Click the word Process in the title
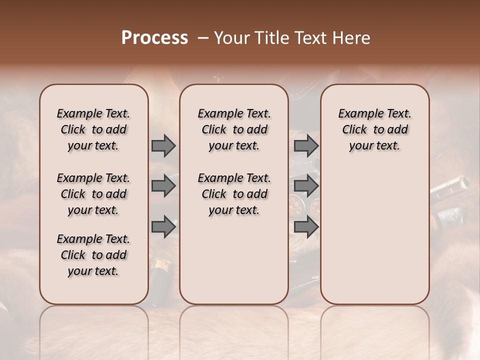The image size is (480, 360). pyautogui.click(x=154, y=38)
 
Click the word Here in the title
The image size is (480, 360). pyautogui.click(x=351, y=38)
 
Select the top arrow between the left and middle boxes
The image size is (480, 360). pyautogui.click(x=163, y=146)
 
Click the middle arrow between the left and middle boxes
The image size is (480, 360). pyautogui.click(x=163, y=186)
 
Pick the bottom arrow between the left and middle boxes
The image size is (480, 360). pyautogui.click(x=163, y=227)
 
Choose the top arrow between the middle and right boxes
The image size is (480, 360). pyautogui.click(x=306, y=146)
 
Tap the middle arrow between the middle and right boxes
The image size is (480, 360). pyautogui.click(x=306, y=186)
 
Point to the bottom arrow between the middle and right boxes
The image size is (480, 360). pyautogui.click(x=306, y=227)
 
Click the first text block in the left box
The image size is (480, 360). pyautogui.click(x=93, y=129)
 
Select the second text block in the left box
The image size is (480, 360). pyautogui.click(x=93, y=194)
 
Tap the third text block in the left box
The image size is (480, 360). pyautogui.click(x=93, y=255)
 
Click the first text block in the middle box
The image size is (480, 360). pyautogui.click(x=234, y=129)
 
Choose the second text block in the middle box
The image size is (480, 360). pyautogui.click(x=234, y=194)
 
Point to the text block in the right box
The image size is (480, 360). pyautogui.click(x=374, y=129)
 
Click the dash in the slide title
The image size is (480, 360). pyautogui.click(x=203, y=38)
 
